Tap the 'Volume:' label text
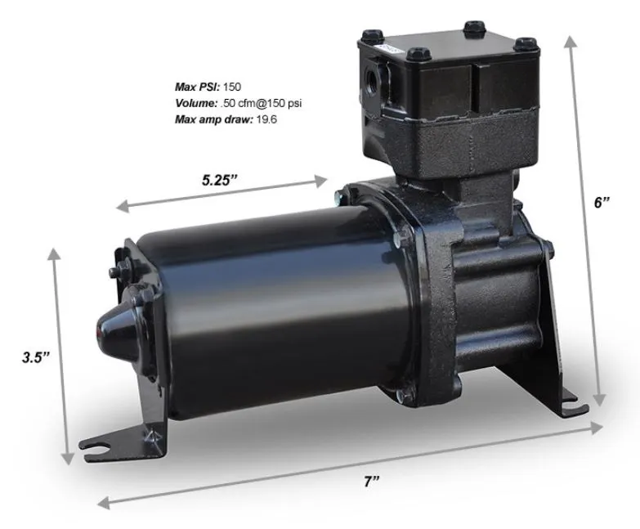click(x=196, y=103)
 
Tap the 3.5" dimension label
click(x=37, y=356)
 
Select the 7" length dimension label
click(x=372, y=482)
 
